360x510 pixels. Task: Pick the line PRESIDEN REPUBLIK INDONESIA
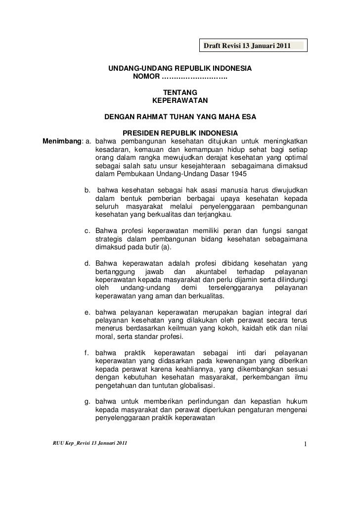180,134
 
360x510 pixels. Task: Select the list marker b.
87,190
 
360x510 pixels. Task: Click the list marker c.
87,231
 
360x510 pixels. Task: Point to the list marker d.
87,263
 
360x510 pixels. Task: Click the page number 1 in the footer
306,443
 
